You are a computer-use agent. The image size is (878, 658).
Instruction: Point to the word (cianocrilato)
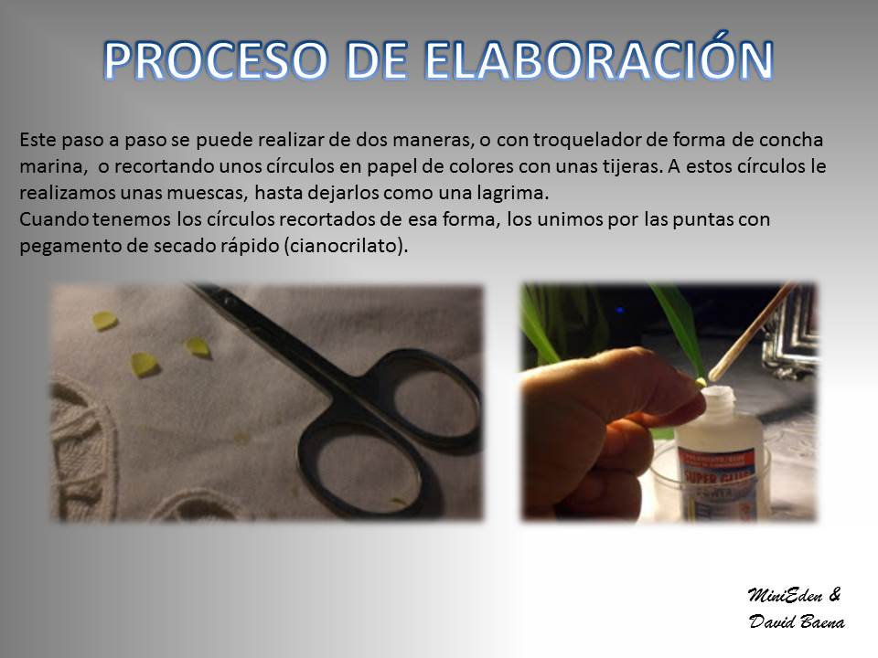click(x=346, y=246)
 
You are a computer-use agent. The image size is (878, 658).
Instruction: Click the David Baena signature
click(x=797, y=621)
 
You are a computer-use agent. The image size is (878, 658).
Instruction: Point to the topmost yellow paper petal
click(x=104, y=321)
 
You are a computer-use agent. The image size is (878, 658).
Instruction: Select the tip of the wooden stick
click(x=713, y=376)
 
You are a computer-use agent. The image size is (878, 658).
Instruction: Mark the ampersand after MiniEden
click(x=834, y=594)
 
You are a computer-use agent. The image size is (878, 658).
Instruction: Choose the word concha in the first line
click(x=791, y=140)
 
